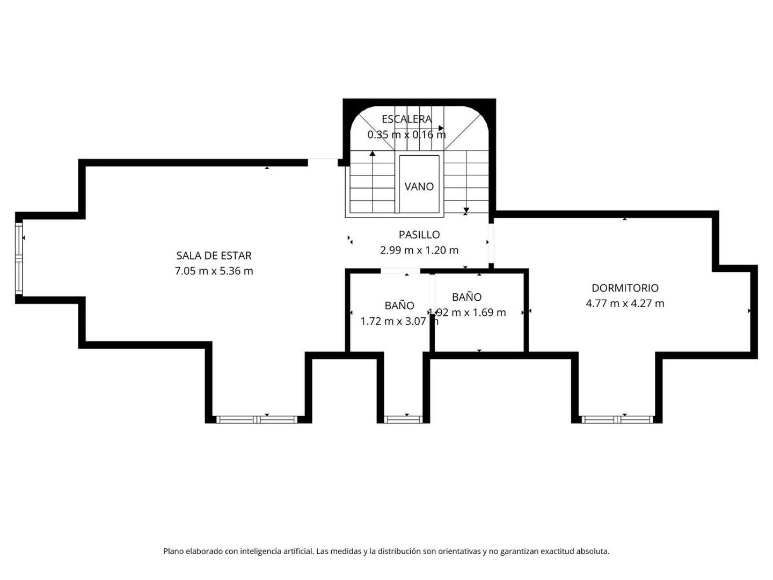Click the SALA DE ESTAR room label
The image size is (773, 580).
pyautogui.click(x=214, y=256)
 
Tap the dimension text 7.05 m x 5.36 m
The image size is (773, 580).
pyautogui.click(x=214, y=271)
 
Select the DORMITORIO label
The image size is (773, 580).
pyautogui.click(x=625, y=288)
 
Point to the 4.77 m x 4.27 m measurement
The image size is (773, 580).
pyautogui.click(x=625, y=303)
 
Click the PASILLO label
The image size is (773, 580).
pyautogui.click(x=419, y=235)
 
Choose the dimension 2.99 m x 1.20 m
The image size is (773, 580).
pyautogui.click(x=419, y=250)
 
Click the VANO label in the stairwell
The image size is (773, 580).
pyautogui.click(x=419, y=186)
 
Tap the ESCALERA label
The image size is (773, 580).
pyautogui.click(x=406, y=119)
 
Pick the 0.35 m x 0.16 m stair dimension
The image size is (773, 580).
pyautogui.click(x=406, y=135)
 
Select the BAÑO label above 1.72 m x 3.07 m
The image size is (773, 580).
pyautogui.click(x=399, y=306)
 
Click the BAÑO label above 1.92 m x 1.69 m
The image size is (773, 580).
pyautogui.click(x=466, y=297)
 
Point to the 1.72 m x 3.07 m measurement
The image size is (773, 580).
pyautogui.click(x=399, y=321)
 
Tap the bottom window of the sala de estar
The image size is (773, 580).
pyautogui.click(x=256, y=419)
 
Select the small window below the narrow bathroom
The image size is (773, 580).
pyautogui.click(x=404, y=419)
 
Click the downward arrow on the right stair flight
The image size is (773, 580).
pyautogui.click(x=466, y=209)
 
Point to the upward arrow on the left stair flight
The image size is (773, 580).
pyautogui.click(x=372, y=154)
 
